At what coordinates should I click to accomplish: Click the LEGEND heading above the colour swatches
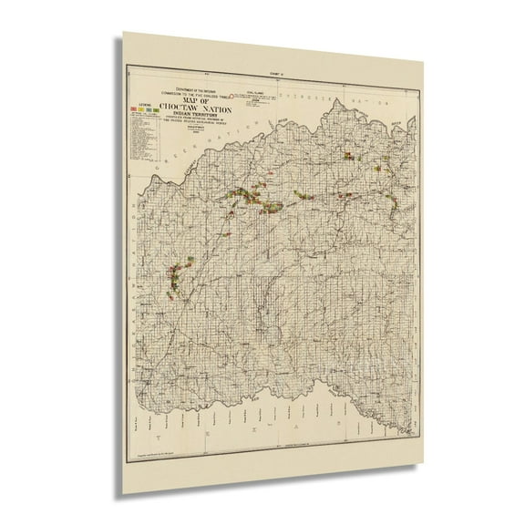[139, 102]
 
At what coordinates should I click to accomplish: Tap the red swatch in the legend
[134, 108]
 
